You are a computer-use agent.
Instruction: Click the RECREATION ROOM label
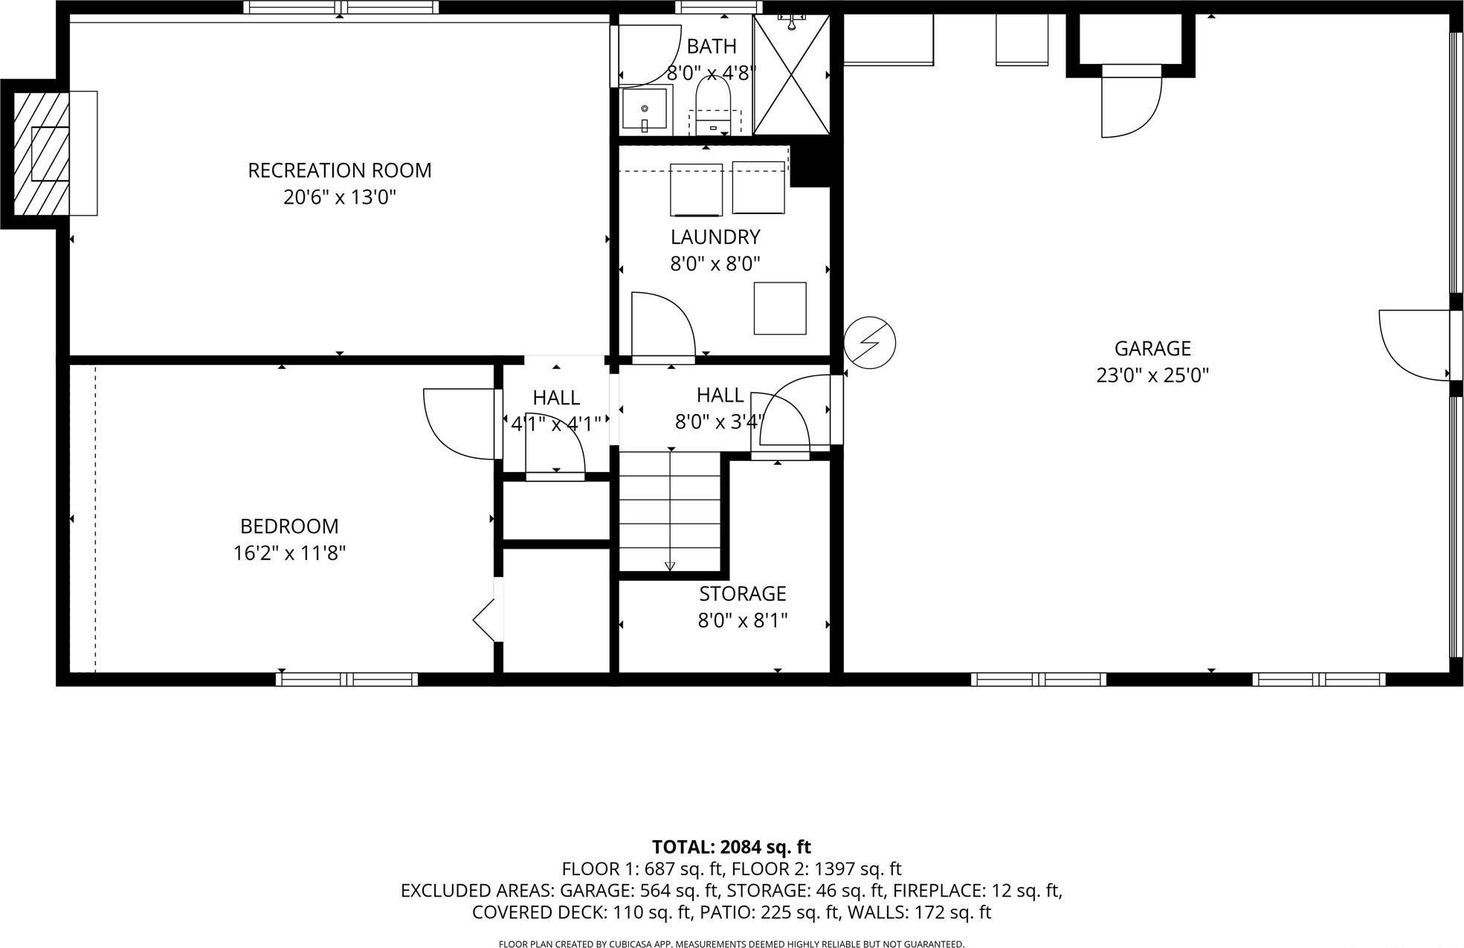pyautogui.click(x=339, y=170)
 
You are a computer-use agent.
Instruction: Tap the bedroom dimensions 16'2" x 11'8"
pyautogui.click(x=289, y=553)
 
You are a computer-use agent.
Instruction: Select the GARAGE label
pyautogui.click(x=1152, y=348)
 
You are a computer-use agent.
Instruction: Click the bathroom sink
pyautogui.click(x=645, y=111)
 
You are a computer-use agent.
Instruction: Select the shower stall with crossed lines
pyautogui.click(x=791, y=74)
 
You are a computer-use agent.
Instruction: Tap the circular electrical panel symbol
pyautogui.click(x=869, y=343)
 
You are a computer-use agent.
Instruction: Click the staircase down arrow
pyautogui.click(x=670, y=567)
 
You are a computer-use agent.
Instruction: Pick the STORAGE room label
pyautogui.click(x=742, y=593)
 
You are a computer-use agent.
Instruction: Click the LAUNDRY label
pyautogui.click(x=715, y=237)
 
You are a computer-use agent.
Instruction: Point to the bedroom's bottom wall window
pyautogui.click(x=346, y=679)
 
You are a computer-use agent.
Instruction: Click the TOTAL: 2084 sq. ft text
pyautogui.click(x=731, y=847)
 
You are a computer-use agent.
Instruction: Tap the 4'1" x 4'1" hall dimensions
pyautogui.click(x=555, y=425)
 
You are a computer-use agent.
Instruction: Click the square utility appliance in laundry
pyautogui.click(x=779, y=308)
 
